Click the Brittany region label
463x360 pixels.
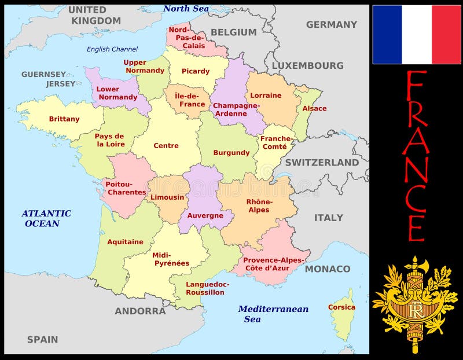pos(64,119)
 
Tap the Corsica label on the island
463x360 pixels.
pos(341,307)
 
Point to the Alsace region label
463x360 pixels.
pos(314,108)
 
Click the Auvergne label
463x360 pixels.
pos(205,215)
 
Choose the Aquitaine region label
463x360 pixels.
pos(125,242)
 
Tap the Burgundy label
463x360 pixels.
pos(231,153)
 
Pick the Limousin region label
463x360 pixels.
pos(167,197)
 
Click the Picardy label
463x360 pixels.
pos(196,71)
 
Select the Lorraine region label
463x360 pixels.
pos(266,95)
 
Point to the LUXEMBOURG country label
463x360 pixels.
pos(307,65)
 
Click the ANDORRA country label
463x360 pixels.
pos(140,311)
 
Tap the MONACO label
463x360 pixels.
pos(328,269)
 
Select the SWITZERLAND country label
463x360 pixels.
pos(322,163)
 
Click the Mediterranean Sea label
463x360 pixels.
pos(273,314)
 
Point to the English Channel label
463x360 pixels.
pos(112,49)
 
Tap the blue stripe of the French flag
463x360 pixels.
pos(387,35)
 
